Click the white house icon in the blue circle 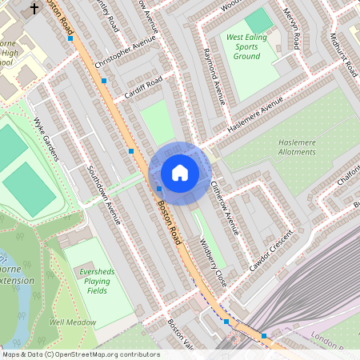point(179,173)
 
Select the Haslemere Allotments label point(298,146)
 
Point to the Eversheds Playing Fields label point(96,277)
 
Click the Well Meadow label point(73,322)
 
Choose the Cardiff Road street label point(143,88)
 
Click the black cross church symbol point(34,9)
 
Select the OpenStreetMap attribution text point(81,354)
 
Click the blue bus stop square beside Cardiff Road point(104,81)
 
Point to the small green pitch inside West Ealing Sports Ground point(258,20)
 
